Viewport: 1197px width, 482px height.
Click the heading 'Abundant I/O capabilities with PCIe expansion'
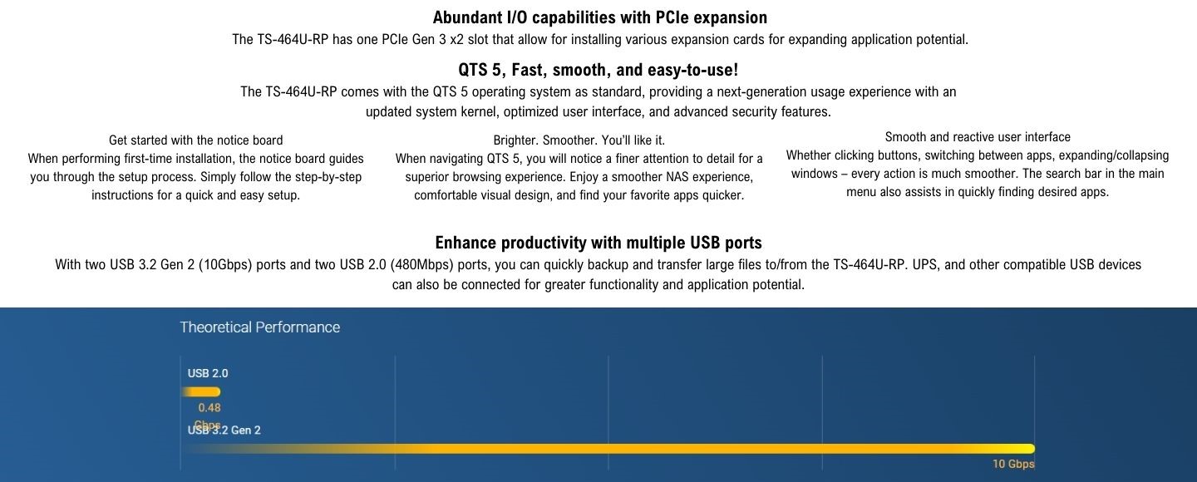(599, 17)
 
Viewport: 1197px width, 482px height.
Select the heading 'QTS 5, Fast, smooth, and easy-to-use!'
(598, 70)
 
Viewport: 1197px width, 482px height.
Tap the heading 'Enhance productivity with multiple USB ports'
(598, 243)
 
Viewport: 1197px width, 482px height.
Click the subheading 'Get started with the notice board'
(195, 140)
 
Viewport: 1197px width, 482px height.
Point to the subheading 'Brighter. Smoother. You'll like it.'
(579, 140)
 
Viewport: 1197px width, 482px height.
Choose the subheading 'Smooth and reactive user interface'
(978, 137)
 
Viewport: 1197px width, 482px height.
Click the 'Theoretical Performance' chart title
(259, 327)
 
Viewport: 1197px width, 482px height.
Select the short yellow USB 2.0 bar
(201, 391)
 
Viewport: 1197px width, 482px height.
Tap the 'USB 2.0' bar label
(208, 373)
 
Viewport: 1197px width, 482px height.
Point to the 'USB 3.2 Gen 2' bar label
(224, 430)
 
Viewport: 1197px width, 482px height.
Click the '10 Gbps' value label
(1013, 464)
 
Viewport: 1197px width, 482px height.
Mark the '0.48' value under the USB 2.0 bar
(209, 408)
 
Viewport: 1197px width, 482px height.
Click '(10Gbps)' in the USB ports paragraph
(225, 264)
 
